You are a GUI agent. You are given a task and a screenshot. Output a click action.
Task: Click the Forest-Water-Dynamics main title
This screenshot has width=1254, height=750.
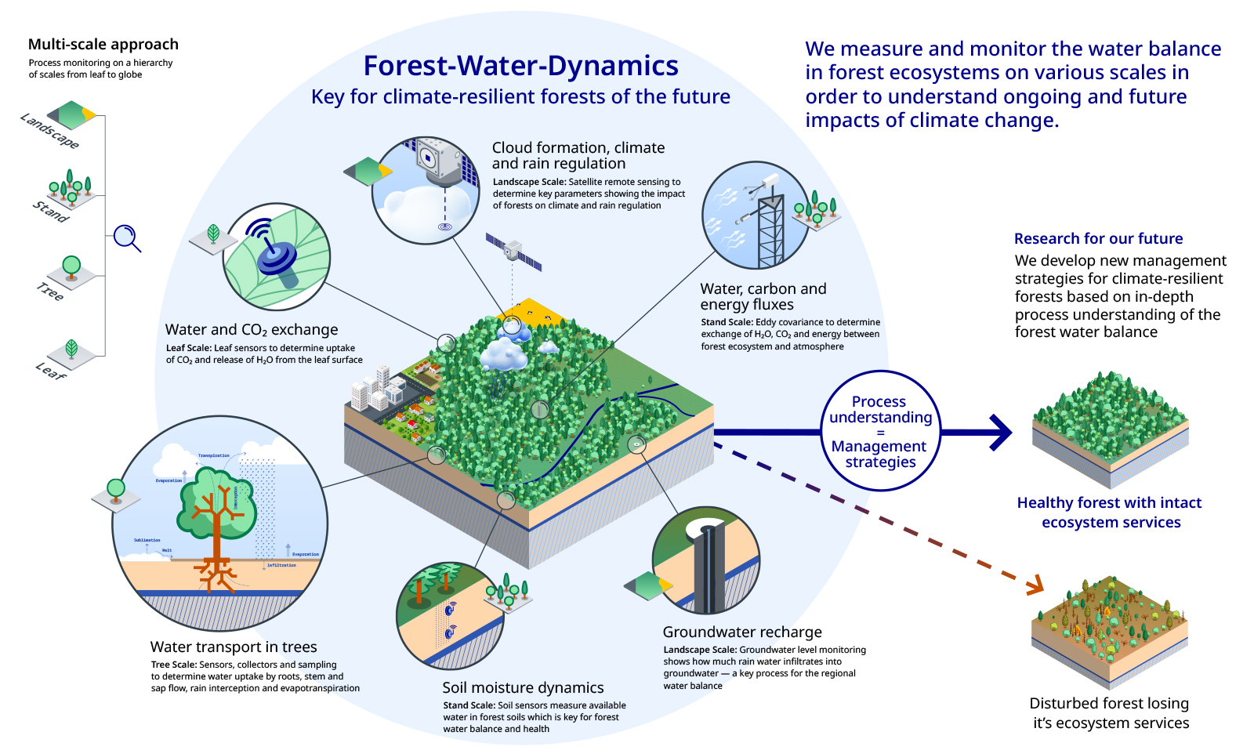click(x=520, y=66)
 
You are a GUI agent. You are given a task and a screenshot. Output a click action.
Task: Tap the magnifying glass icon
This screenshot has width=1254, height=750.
click(x=126, y=237)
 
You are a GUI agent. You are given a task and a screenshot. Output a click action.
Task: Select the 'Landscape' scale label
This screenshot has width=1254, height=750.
click(x=49, y=130)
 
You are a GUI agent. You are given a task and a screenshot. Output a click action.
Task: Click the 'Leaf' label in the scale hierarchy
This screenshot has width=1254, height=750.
click(x=51, y=371)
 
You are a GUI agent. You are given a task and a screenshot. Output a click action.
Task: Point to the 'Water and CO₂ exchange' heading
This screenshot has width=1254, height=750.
click(x=252, y=330)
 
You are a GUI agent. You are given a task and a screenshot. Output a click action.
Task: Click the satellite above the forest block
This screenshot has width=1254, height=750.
click(x=513, y=252)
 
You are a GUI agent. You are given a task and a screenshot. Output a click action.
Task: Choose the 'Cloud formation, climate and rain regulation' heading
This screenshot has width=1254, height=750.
click(x=578, y=155)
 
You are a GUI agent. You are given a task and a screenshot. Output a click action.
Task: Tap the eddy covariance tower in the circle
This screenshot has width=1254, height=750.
click(x=769, y=223)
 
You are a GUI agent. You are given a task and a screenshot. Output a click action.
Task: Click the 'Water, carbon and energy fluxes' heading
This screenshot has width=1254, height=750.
click(x=763, y=296)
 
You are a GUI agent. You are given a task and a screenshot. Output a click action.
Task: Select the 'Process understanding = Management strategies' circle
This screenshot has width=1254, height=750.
click(x=880, y=431)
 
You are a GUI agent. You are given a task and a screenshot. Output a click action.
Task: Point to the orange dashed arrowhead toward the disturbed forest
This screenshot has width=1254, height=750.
click(x=1035, y=585)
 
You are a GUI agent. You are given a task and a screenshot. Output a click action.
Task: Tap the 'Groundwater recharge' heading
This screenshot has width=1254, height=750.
click(x=742, y=632)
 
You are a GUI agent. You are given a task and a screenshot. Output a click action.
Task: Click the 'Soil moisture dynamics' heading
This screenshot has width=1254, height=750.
click(x=523, y=688)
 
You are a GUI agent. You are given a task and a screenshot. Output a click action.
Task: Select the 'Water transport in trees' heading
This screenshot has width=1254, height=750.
click(x=234, y=647)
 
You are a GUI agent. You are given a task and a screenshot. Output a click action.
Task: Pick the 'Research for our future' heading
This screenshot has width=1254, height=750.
click(x=1098, y=239)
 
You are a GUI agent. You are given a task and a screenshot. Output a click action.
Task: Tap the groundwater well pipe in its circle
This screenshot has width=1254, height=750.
click(x=709, y=568)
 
